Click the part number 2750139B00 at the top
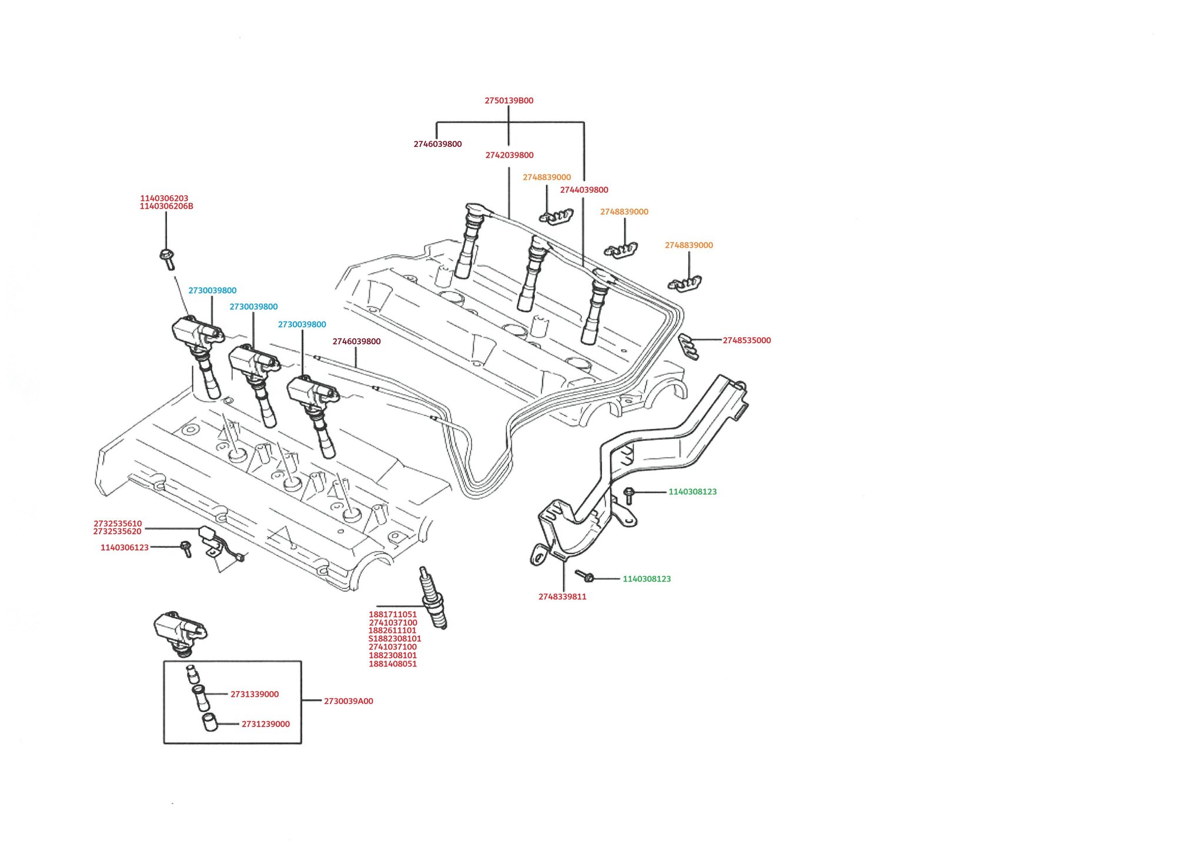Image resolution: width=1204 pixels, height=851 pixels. tap(509, 100)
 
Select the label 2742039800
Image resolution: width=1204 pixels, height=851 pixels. tap(509, 155)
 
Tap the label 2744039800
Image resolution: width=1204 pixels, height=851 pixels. tap(584, 190)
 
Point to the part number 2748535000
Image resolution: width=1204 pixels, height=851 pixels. tap(747, 340)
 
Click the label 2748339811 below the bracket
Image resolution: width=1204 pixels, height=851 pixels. tap(562, 597)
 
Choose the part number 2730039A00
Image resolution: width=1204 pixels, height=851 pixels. tap(349, 701)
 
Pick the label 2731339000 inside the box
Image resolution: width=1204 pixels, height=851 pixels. tap(255, 694)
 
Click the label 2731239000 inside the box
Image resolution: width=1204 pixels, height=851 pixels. tap(266, 724)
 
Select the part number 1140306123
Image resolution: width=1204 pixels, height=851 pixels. tap(125, 548)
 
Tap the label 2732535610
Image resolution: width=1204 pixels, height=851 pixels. tap(118, 524)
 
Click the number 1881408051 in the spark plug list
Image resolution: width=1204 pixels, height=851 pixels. tap(393, 664)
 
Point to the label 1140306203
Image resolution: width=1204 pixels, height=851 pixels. tap(164, 199)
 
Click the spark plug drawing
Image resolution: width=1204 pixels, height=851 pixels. tap(433, 598)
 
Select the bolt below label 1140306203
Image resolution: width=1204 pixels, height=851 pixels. tap(168, 259)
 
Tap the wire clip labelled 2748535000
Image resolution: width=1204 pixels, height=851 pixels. tap(688, 346)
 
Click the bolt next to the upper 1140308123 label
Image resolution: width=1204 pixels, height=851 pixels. tap(628, 495)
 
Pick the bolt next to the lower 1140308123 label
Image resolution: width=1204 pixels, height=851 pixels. tap(585, 576)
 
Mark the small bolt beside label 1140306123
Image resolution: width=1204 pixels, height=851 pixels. tap(186, 549)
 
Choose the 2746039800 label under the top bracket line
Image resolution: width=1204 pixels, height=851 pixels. tap(437, 144)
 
